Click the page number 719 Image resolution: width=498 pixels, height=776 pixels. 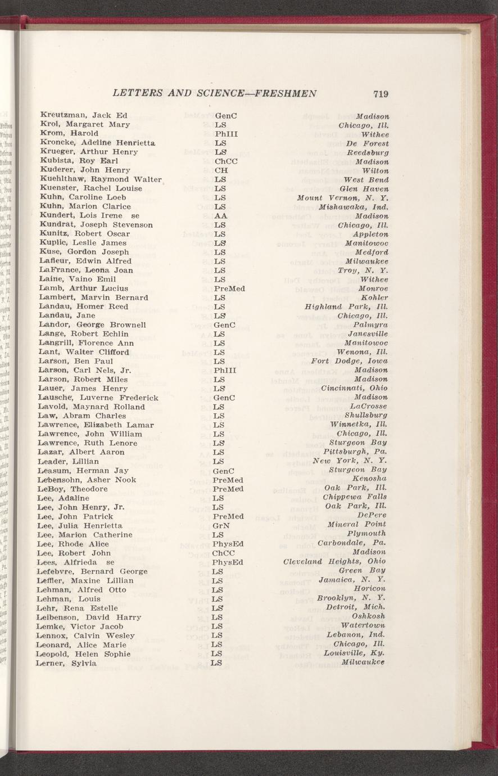tap(380, 94)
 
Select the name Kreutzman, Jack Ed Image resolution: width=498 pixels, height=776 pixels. tap(84, 115)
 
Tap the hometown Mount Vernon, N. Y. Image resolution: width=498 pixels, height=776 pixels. tap(343, 197)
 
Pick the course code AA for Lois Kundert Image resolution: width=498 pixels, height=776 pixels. tap(220, 216)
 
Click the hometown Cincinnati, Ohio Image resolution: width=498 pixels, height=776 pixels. tap(354, 388)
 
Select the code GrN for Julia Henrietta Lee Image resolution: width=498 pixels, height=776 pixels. tap(222, 525)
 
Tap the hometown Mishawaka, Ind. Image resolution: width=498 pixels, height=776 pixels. tap(354, 206)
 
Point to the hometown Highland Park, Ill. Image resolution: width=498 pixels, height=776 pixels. tap(347, 306)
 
